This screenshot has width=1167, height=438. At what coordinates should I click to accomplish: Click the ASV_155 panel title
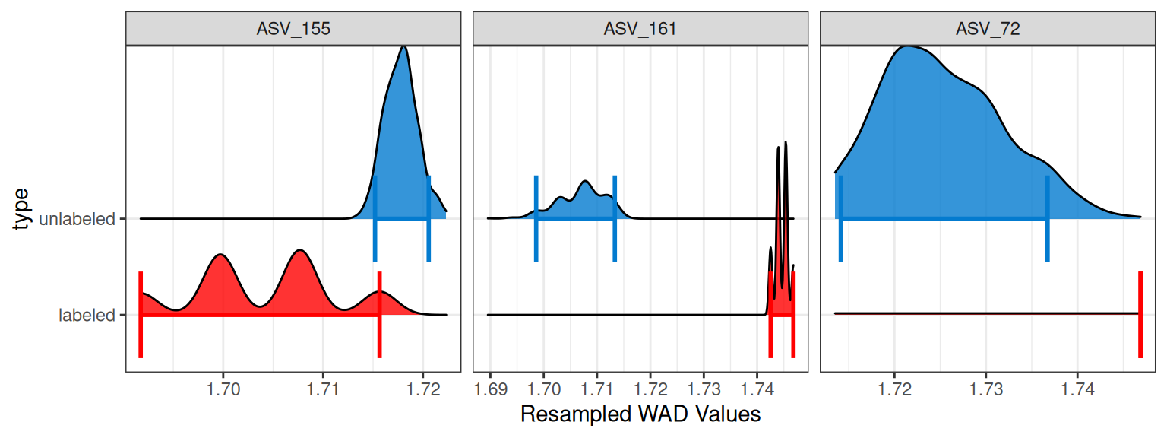(293, 30)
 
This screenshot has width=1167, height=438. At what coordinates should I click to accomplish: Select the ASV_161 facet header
(640, 30)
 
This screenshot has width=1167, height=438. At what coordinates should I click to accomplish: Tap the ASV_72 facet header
(988, 30)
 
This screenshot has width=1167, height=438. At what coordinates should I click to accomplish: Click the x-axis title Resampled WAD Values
(640, 415)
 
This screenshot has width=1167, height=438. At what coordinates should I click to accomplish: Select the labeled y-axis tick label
(87, 314)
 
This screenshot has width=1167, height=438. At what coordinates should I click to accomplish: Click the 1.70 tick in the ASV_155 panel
(223, 391)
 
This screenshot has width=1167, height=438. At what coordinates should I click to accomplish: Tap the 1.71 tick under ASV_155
(323, 391)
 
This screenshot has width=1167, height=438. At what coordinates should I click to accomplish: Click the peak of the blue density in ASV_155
(403, 47)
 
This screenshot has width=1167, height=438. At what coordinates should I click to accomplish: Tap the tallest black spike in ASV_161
(786, 142)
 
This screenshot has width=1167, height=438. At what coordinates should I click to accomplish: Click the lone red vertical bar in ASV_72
(1140, 313)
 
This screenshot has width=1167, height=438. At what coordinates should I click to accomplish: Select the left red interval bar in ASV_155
(141, 313)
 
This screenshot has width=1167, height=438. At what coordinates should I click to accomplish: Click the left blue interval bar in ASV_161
(536, 219)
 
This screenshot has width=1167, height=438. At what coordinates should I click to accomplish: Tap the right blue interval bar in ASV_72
(1048, 219)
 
